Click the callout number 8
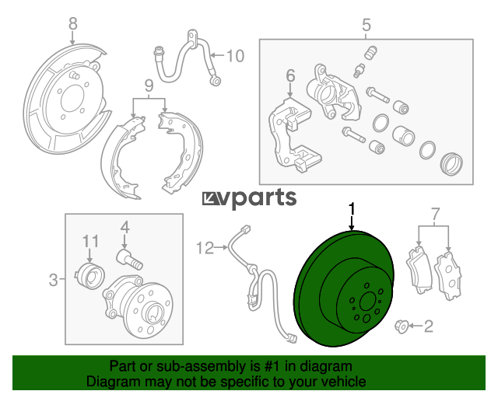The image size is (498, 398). pos(72,24)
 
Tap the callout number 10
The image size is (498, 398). pos(235,56)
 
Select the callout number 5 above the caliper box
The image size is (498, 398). pos(366,25)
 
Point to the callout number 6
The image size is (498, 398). pos(290,75)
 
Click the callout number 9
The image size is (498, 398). pos(149,86)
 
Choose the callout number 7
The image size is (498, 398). pos(435,214)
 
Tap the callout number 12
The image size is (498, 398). pos(205,248)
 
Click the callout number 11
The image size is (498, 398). pos(90,241)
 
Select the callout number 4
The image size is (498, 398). pos(124,228)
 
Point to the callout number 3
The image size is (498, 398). pos(54,280)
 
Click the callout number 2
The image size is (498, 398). pos(429,326)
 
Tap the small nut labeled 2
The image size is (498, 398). pos(401,326)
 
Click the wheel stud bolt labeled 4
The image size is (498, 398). pos(130,260)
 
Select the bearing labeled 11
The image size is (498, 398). pos(89,276)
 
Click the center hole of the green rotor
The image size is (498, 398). pos(368,300)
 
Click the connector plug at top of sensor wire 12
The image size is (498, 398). pos(246,229)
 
